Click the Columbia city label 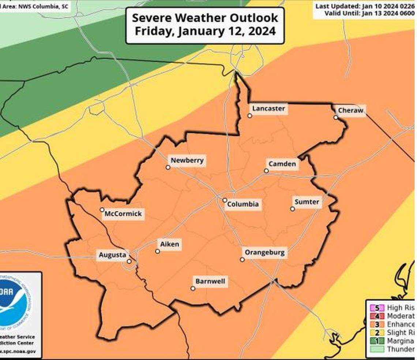(243, 204)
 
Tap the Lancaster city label (268, 109)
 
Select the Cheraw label (351, 110)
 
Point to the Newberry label (187, 160)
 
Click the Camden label (282, 164)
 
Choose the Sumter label (307, 202)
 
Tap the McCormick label (123, 214)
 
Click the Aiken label (170, 244)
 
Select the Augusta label (113, 255)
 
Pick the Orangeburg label (264, 253)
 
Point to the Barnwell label (210, 281)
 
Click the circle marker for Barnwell (193, 288)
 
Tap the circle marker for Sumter (292, 209)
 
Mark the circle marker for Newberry (168, 167)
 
